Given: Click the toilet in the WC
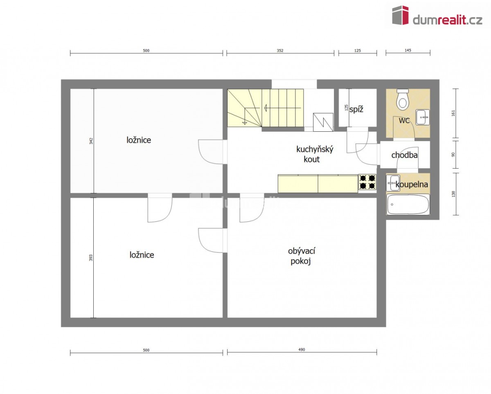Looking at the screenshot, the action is point(402,100).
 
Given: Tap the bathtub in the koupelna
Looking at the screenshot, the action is point(408,204).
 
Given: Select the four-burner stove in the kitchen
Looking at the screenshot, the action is point(367,182).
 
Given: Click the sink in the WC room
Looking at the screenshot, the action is point(423,117).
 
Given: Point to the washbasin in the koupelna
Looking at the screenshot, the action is point(393,183).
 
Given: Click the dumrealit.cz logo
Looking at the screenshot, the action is point(437,16).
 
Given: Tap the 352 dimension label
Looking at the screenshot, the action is point(280,51).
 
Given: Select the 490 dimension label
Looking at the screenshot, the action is point(302,349).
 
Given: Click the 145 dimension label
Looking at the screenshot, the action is point(408,50).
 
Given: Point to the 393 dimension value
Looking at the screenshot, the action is point(91,258).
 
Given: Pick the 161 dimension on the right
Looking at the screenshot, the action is point(453,113).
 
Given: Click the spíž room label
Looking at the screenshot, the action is point(356,110).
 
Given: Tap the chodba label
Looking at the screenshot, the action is point(405,155).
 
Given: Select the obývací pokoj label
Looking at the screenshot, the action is point(302,256).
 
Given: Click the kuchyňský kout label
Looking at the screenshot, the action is point(315,154).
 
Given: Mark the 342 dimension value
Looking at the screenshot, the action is point(91,141).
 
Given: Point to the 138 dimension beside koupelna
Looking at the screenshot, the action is point(453,194).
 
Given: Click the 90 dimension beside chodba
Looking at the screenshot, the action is point(453,155).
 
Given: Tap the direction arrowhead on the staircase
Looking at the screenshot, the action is point(266,108).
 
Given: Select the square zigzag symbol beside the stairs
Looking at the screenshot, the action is point(323,122).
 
